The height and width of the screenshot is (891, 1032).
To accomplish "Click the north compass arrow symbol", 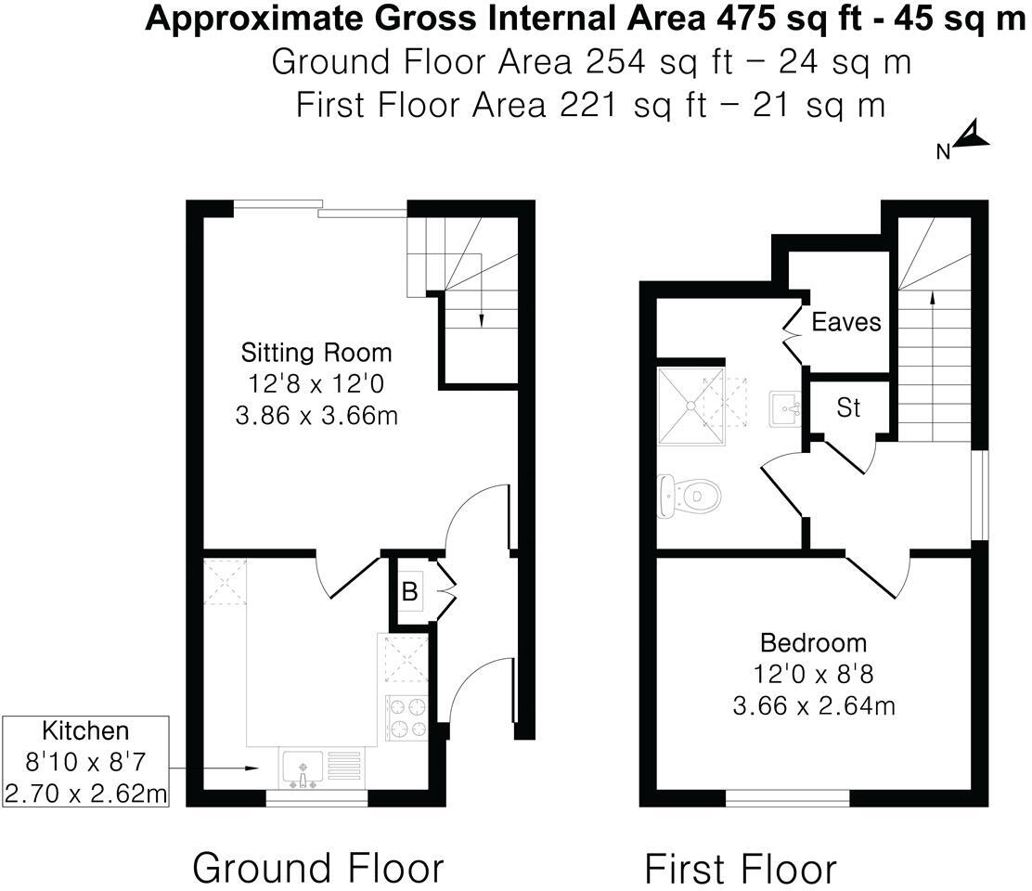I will [x=972, y=136].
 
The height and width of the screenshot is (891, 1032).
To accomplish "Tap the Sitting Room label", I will [x=316, y=353].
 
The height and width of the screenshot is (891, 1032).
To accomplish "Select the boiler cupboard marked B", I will [x=408, y=590].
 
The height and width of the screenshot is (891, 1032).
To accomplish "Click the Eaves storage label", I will [x=845, y=322].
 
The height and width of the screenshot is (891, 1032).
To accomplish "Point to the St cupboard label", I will [x=848, y=407].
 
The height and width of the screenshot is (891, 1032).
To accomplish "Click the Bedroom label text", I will [x=813, y=642].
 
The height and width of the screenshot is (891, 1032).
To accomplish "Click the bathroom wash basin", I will [x=785, y=408].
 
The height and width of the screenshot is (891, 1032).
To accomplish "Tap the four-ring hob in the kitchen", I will [x=406, y=717].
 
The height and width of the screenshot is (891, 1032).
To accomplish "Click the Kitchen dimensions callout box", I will [x=85, y=762].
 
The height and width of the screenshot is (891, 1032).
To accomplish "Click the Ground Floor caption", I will [x=317, y=868].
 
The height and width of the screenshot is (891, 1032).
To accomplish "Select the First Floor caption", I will [x=740, y=870].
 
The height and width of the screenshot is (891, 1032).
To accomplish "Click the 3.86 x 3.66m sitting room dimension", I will [x=316, y=415].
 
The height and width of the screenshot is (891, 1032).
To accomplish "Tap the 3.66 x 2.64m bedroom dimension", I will [x=813, y=705].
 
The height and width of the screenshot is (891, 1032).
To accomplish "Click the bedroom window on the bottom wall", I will [x=787, y=797].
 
